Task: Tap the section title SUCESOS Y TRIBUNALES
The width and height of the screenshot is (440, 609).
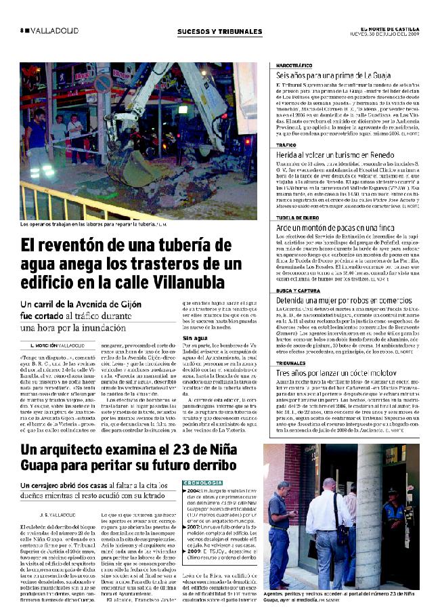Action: [x=219, y=31]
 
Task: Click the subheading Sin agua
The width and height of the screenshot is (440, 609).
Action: [x=195, y=337]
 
